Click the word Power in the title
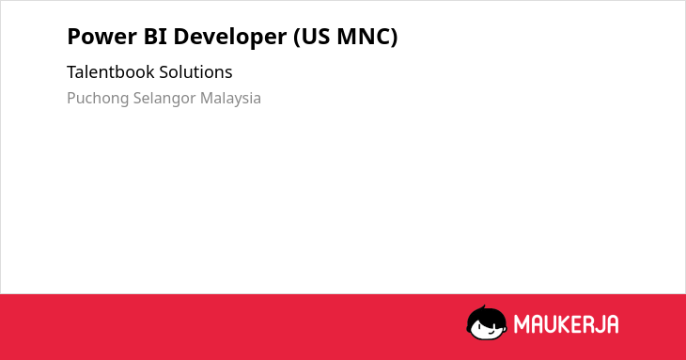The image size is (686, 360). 101,37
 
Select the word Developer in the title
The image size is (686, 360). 230,38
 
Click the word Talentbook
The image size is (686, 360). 111,71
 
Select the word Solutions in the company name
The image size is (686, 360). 195,71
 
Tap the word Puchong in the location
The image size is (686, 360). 98,99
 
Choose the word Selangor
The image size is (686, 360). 164,99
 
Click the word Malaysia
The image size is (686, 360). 230,99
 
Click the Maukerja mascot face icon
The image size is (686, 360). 487,322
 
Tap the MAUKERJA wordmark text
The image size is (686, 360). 566,324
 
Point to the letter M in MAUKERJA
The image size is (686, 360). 522,324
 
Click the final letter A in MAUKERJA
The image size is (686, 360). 612,324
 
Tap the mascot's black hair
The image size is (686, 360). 485,314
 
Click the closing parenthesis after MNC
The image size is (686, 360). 394,38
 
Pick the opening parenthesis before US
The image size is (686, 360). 297,38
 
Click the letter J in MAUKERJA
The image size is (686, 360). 598,324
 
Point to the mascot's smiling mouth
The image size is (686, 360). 491,332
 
